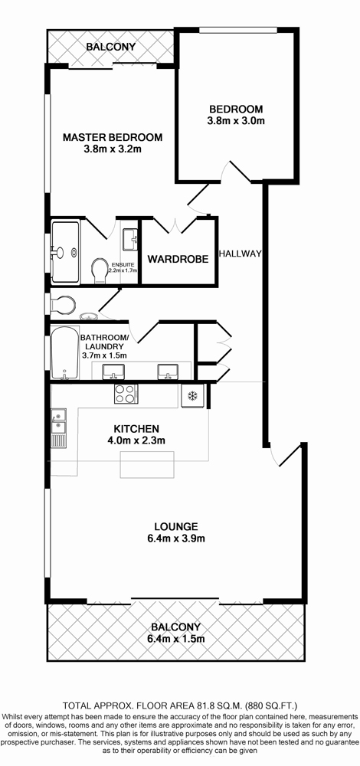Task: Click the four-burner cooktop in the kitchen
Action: point(126,394)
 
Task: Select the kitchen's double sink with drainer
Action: point(59,428)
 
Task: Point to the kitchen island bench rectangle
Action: point(147,464)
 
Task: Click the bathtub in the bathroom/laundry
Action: point(65,352)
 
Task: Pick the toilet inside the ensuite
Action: point(100,270)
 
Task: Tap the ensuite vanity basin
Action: point(130,239)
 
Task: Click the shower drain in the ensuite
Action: point(74,253)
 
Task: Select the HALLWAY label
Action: point(241,254)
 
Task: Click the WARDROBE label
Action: point(178,259)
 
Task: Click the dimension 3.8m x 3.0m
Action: point(237,121)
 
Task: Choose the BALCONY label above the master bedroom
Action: point(111,47)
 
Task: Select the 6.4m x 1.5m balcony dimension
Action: point(176,639)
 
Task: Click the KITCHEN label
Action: point(136,429)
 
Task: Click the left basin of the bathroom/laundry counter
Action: point(113,372)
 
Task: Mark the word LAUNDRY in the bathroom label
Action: point(103,346)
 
